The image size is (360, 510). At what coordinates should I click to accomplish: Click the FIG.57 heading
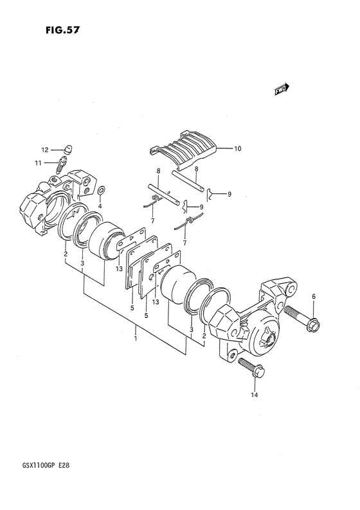(x=62, y=30)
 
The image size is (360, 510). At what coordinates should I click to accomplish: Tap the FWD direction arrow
(x=282, y=89)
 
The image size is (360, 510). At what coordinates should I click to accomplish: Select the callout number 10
(x=238, y=148)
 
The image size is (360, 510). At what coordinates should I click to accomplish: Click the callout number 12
(x=44, y=150)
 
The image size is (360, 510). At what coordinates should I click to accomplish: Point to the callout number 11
(x=38, y=163)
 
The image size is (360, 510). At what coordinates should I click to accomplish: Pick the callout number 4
(x=100, y=206)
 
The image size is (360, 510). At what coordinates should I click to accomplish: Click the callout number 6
(x=314, y=296)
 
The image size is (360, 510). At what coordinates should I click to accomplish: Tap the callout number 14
(x=254, y=395)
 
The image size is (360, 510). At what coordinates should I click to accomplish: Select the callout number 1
(x=136, y=339)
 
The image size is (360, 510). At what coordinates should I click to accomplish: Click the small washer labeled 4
(x=101, y=189)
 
